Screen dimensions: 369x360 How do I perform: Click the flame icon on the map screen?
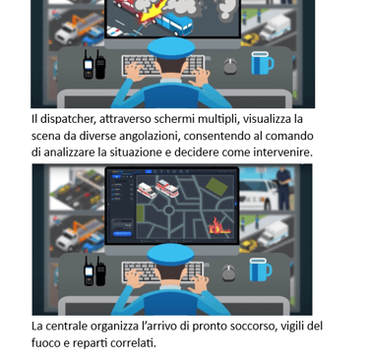[219, 225]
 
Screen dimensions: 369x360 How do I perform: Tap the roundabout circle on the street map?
[168, 210]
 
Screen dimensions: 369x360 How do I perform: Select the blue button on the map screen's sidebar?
[122, 234]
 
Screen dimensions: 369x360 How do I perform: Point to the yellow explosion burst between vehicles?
[150, 14]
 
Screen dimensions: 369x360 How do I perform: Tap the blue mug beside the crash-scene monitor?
[262, 63]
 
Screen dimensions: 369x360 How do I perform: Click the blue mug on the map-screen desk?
[261, 270]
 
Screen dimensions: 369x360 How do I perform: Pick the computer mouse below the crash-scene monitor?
[230, 66]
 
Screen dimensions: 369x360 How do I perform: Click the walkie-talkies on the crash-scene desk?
[94, 65]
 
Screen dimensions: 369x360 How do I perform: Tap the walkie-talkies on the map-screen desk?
[94, 270]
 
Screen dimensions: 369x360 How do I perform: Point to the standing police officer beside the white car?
[283, 188]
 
